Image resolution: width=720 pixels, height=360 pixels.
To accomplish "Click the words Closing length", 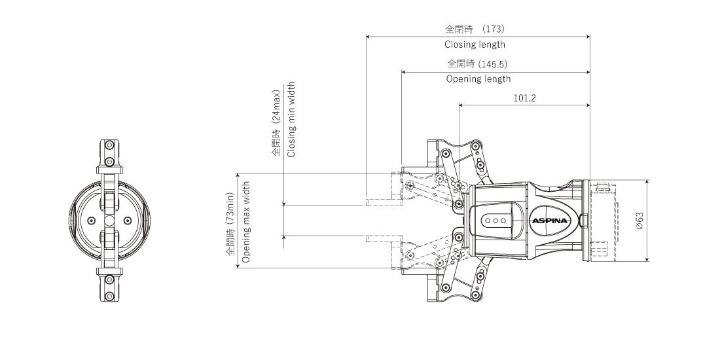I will (x=475, y=45).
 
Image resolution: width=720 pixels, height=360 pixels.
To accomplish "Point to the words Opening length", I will (x=478, y=79).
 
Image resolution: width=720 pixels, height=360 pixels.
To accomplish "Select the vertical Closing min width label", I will (x=291, y=119).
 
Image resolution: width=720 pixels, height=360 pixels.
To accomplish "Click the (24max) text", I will (x=276, y=107).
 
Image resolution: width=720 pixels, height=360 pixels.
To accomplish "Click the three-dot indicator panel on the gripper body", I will (x=495, y=221).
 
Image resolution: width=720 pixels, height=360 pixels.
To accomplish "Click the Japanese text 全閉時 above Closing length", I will (x=456, y=29).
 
